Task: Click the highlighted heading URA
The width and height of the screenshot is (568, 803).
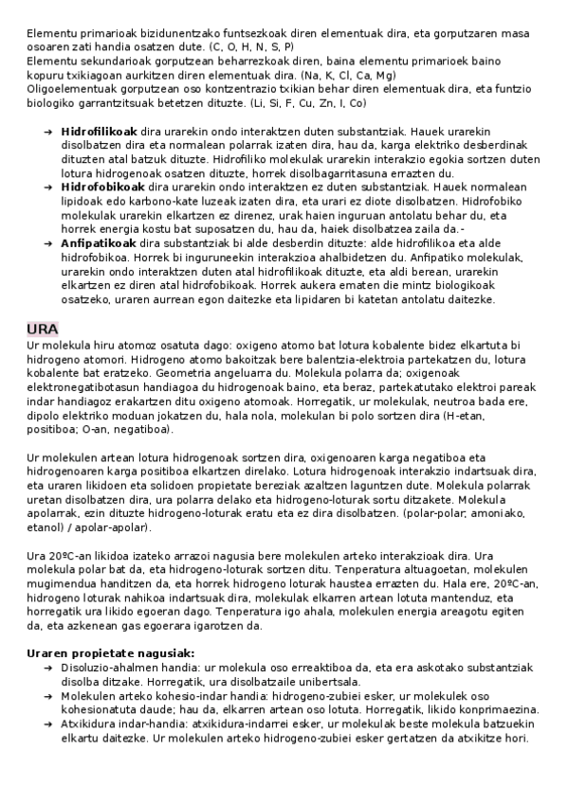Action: click(x=42, y=329)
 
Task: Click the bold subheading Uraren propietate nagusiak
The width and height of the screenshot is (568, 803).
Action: click(x=111, y=652)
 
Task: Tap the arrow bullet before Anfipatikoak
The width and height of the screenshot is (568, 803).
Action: click(x=47, y=242)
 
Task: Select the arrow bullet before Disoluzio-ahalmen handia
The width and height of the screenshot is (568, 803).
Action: click(x=47, y=668)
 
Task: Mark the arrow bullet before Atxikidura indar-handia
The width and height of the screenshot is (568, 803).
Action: click(x=47, y=723)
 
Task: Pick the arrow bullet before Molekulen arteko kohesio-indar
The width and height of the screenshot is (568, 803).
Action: click(x=47, y=695)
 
